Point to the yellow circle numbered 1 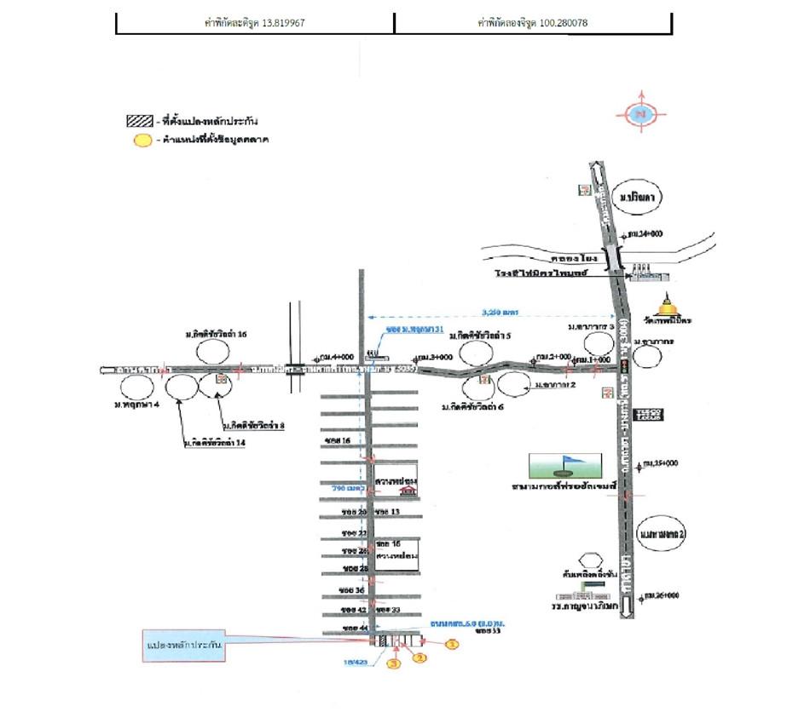[x=453, y=645]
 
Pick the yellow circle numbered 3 [x=394, y=663]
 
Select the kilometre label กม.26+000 [x=662, y=594]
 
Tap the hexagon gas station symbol [x=587, y=560]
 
